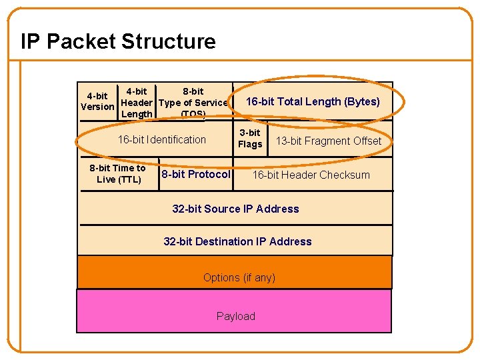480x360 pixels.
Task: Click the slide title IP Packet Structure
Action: (x=118, y=41)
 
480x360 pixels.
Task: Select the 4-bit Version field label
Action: (x=97, y=101)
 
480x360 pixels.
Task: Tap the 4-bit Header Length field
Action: (x=137, y=103)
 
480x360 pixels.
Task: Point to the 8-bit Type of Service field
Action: (x=193, y=103)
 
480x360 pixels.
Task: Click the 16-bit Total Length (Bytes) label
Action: (x=313, y=101)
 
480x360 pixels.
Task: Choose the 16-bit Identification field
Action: (x=161, y=139)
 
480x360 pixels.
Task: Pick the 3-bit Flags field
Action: (x=250, y=139)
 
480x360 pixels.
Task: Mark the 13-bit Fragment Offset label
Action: (x=328, y=141)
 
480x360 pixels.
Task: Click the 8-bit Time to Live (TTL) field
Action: (x=118, y=174)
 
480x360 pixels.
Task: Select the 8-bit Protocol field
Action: (x=195, y=175)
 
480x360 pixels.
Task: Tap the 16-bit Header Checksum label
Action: (x=311, y=175)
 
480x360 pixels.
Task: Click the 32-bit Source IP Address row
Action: (x=235, y=209)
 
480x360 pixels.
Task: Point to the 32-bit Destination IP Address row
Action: (x=237, y=241)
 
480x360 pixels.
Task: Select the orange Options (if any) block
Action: (x=239, y=277)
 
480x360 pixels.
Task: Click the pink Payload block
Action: (x=235, y=316)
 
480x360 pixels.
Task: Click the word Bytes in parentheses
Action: (x=363, y=101)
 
